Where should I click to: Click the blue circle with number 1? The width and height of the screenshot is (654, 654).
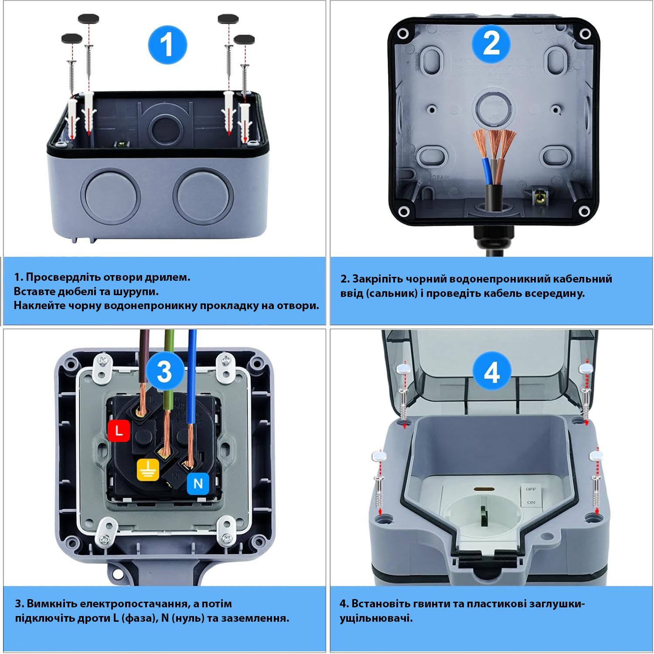tap(167, 44)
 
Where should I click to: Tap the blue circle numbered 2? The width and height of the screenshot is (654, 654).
tap(491, 44)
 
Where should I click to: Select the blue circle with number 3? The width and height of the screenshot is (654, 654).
tap(164, 372)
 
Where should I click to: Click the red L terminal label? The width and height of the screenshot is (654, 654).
tap(119, 431)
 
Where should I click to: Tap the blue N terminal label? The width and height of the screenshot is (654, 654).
tap(198, 484)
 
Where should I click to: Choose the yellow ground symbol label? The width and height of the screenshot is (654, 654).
tap(148, 469)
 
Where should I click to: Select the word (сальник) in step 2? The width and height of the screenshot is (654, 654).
tap(392, 293)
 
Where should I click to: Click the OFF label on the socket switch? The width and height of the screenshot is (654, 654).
tap(531, 489)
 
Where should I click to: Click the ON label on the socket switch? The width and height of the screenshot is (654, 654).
tap(531, 502)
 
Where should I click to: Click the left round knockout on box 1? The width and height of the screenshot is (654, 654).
tap(111, 194)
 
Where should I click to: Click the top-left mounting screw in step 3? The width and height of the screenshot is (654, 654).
tap(103, 361)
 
